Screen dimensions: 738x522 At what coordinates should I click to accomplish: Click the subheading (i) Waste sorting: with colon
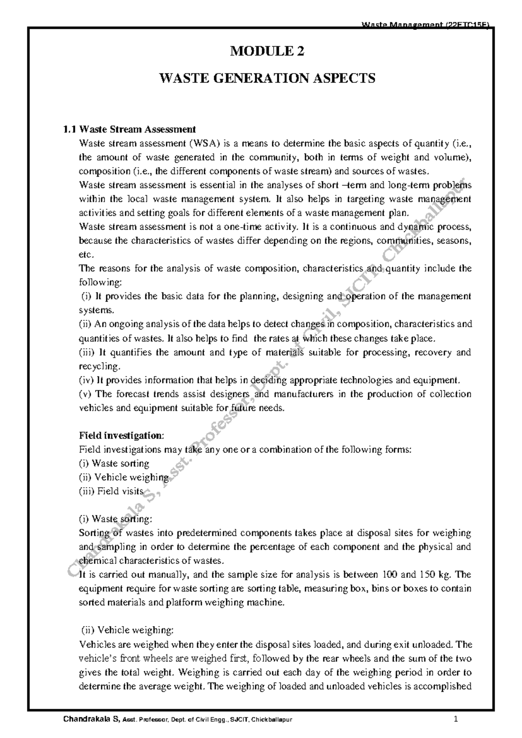click(x=115, y=519)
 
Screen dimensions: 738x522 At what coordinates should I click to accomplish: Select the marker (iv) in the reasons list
click(x=86, y=380)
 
